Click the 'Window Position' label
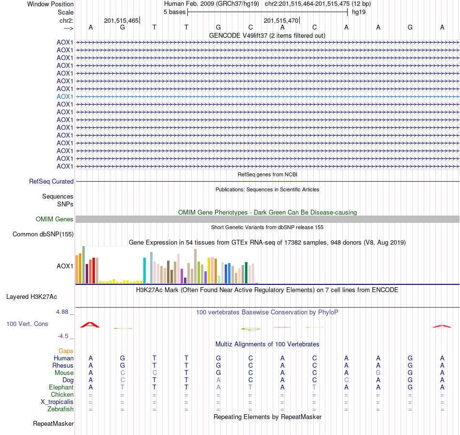[x=50, y=4]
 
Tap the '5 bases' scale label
[x=174, y=12]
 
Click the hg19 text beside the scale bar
[x=358, y=12]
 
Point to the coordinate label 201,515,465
[x=121, y=20]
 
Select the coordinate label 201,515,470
[x=281, y=20]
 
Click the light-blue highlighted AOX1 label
[x=65, y=96]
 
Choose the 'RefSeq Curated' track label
[x=51, y=181]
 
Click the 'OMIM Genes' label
[x=55, y=219]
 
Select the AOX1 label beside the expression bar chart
[x=65, y=266]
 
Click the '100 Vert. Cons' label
[x=27, y=324]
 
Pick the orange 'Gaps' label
[x=66, y=351]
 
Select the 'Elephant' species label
[x=61, y=388]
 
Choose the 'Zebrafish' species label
[x=61, y=409]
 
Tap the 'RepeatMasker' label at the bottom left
[x=53, y=424]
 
